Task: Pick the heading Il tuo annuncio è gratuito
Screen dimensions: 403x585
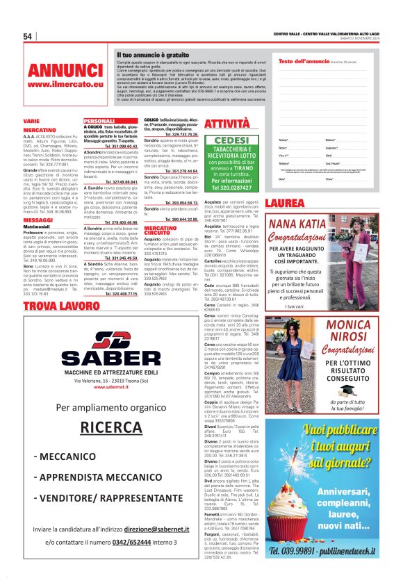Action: pos(153,54)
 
